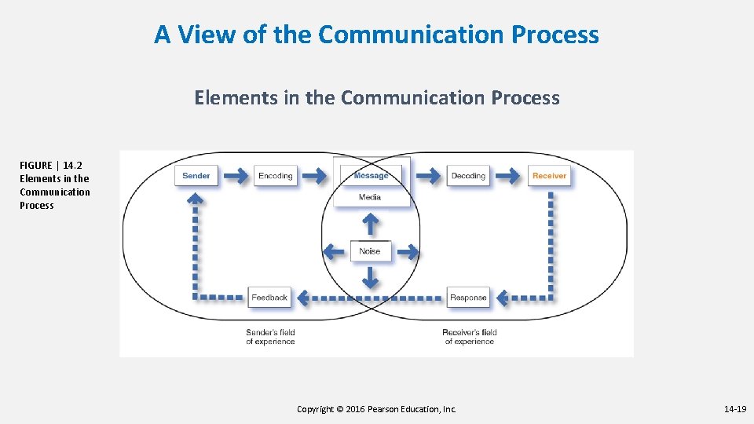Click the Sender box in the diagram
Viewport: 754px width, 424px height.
coord(196,176)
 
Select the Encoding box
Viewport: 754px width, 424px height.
coord(276,176)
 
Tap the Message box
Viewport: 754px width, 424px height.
coord(371,176)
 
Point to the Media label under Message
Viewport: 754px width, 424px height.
coord(370,196)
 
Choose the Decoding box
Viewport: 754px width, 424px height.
coord(468,176)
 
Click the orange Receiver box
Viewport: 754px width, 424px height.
coord(549,176)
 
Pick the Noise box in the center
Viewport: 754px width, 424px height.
coord(370,251)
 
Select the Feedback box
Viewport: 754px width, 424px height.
coord(269,298)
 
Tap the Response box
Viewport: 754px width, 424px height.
coord(468,298)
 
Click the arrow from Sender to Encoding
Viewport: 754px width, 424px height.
coord(234,176)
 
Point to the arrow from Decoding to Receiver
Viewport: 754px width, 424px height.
coord(508,176)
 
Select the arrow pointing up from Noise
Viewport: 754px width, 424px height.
coord(370,225)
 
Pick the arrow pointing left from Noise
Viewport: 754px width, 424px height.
coord(335,251)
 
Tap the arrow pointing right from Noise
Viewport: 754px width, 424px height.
coord(406,251)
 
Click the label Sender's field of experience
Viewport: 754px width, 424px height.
coord(270,337)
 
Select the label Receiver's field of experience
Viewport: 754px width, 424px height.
coord(470,337)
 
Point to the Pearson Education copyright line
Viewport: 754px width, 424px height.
coord(376,409)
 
